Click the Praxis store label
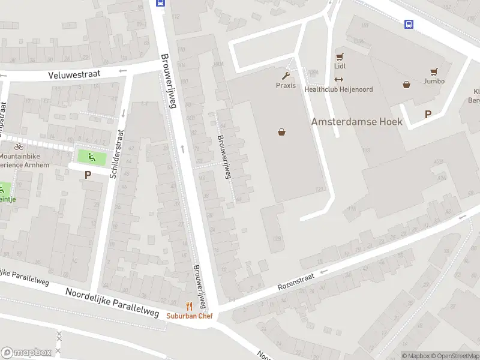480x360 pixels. click(x=286, y=85)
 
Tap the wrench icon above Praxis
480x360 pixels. click(x=286, y=76)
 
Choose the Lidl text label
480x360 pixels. click(x=340, y=67)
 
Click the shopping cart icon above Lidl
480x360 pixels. click(x=340, y=58)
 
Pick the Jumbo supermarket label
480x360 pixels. click(x=434, y=81)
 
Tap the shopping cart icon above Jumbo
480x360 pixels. click(x=434, y=71)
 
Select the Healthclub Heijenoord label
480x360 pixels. click(x=338, y=89)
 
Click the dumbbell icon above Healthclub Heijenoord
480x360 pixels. click(x=338, y=80)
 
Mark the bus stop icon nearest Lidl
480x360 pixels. click(x=409, y=25)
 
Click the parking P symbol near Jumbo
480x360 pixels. click(x=428, y=114)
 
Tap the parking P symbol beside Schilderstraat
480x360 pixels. click(x=88, y=175)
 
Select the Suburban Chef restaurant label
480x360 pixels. click(x=189, y=316)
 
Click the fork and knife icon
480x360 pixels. click(x=189, y=306)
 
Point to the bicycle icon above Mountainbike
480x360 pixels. click(x=19, y=146)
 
